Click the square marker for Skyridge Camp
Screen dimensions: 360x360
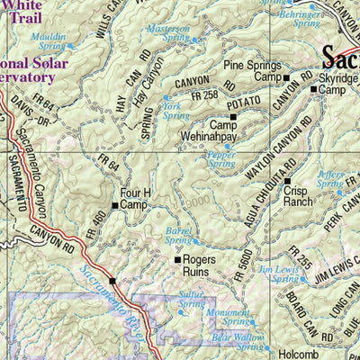[x=312, y=78]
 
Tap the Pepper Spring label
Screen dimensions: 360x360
[x=221, y=158]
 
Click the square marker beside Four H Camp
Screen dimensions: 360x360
[x=115, y=205]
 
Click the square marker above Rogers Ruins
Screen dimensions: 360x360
[x=177, y=259]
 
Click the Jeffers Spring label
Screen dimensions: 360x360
[x=331, y=178]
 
